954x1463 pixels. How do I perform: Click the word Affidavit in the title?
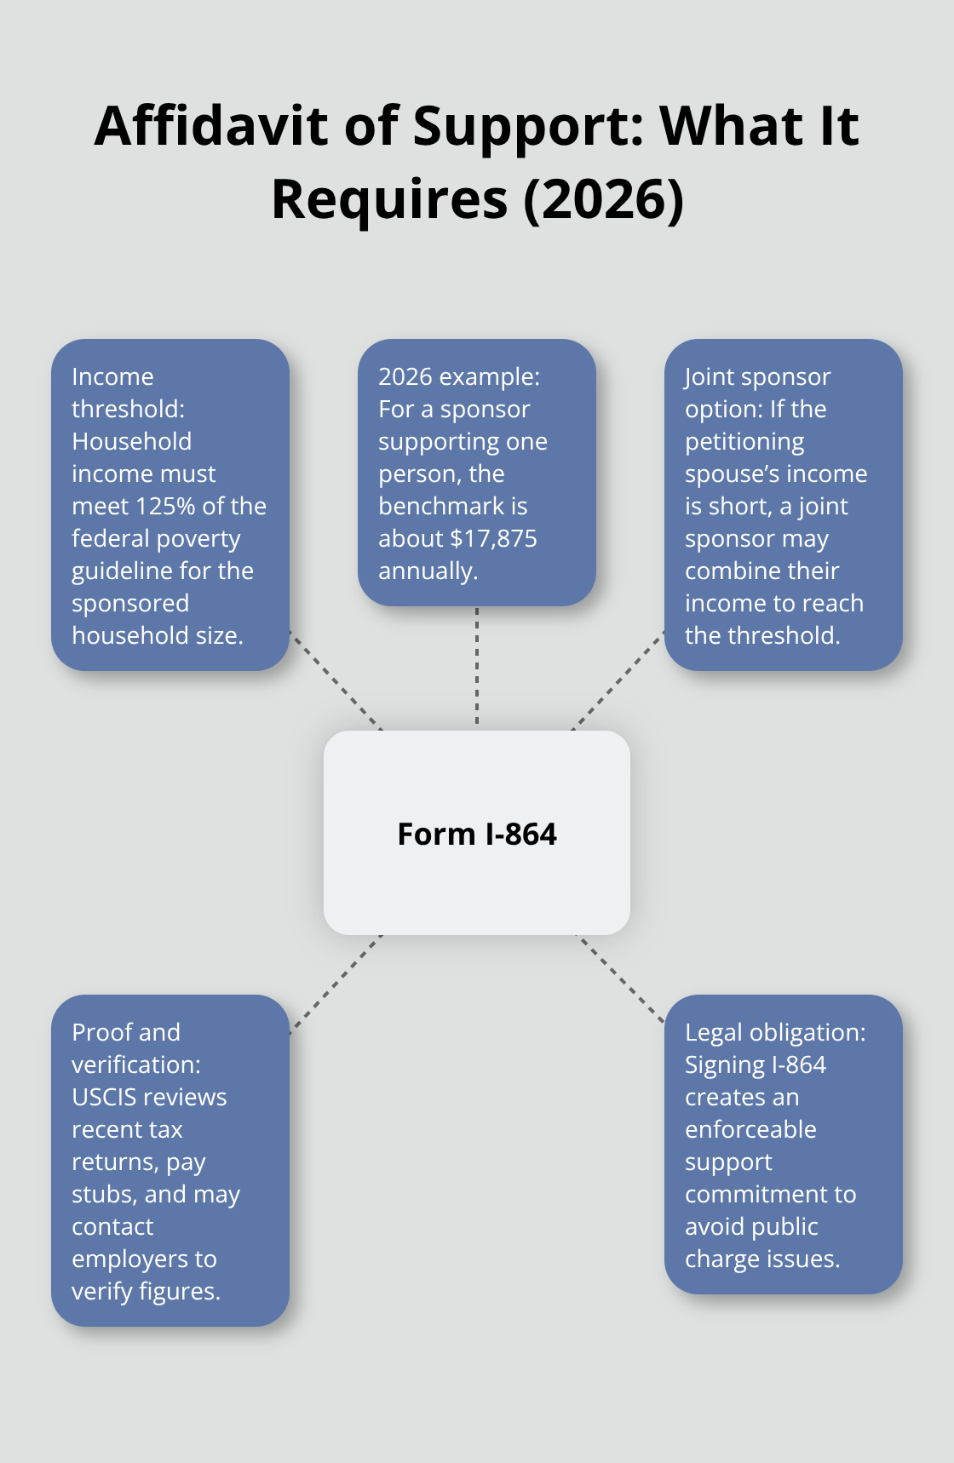point(211,126)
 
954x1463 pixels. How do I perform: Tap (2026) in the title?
point(603,199)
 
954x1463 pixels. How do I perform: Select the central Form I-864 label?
point(477,834)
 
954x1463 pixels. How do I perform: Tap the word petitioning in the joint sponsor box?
point(744,441)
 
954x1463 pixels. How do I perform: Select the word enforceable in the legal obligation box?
point(750,1129)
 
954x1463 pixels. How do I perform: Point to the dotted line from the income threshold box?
point(336,680)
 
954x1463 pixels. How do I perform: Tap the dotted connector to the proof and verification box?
point(336,984)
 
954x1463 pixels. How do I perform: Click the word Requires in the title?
point(389,199)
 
